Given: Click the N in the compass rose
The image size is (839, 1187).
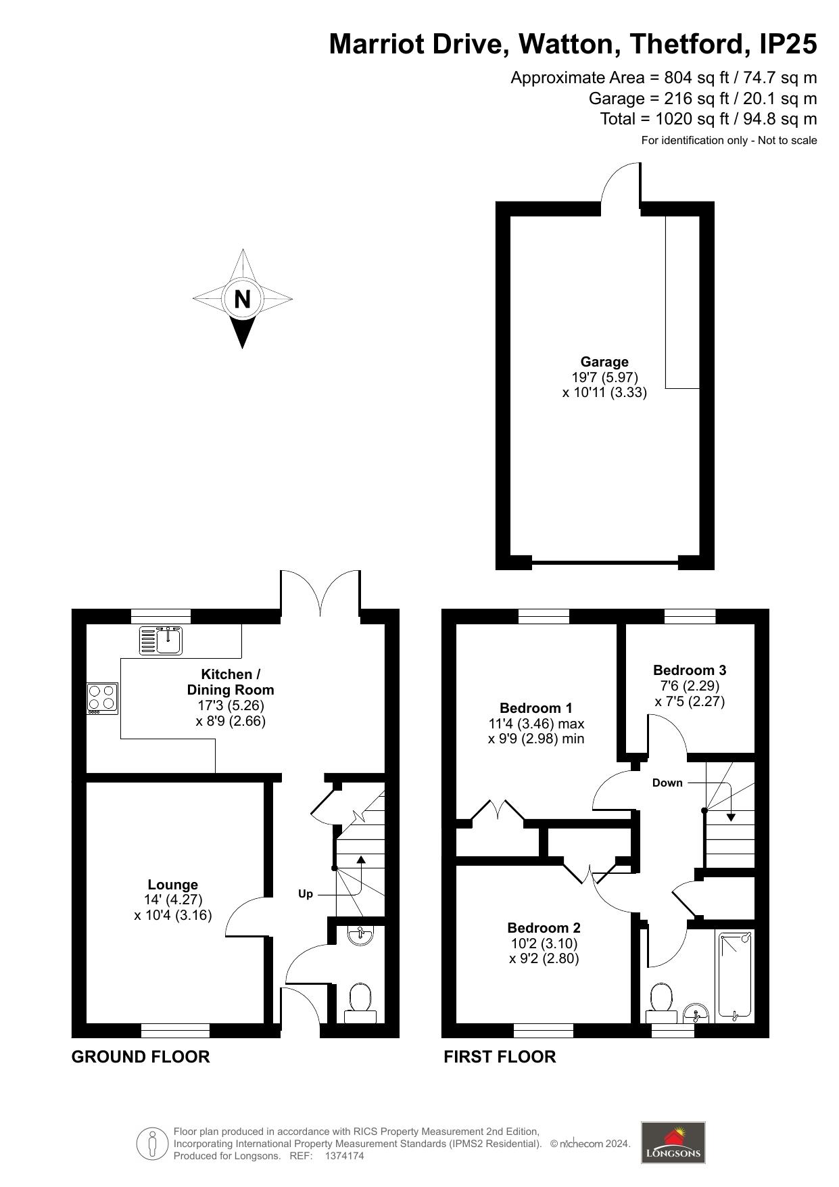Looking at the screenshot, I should click(x=242, y=298).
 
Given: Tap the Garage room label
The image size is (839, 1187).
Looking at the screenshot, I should click(x=604, y=362).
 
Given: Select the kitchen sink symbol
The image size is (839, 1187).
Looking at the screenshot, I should click(x=161, y=641).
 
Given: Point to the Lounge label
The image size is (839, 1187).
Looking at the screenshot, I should click(x=173, y=885).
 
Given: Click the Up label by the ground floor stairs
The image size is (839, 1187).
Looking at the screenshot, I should click(x=306, y=894).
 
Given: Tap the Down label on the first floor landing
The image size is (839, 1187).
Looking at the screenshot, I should click(x=667, y=783).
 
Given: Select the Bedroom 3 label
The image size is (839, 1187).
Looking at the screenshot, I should click(x=690, y=670).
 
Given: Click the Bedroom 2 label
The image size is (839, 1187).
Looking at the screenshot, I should click(x=544, y=928).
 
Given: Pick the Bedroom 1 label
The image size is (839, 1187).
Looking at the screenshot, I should click(x=536, y=708).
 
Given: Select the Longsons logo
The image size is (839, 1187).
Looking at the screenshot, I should click(x=673, y=1142).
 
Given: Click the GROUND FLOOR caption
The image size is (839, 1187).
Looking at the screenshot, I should click(x=141, y=1056).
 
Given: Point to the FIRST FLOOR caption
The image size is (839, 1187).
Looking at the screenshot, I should click(x=500, y=1056).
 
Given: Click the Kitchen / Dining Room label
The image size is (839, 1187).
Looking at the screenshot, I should click(x=231, y=682).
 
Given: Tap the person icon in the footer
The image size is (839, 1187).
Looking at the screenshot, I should click(x=152, y=1143).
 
